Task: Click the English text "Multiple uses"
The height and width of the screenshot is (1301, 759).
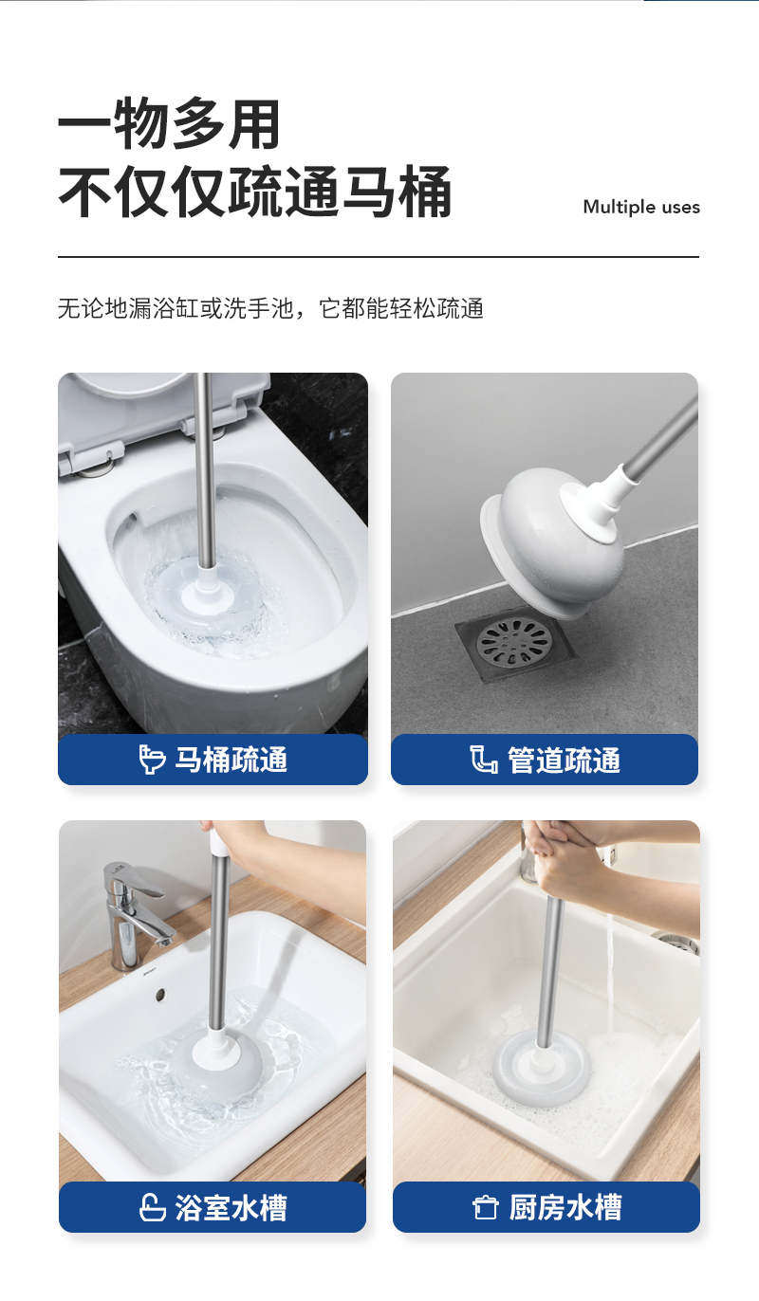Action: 641,208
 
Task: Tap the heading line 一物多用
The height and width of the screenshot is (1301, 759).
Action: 169,124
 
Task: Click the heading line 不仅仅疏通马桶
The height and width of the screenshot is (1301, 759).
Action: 254,192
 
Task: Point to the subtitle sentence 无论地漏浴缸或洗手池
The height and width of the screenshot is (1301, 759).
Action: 176,308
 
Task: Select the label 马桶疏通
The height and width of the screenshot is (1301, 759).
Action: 231,760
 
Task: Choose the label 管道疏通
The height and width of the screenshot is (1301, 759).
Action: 564,760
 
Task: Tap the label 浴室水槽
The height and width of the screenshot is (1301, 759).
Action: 231,1207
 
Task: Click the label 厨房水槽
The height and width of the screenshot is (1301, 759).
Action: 565,1207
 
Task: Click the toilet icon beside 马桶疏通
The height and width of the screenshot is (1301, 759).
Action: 152,760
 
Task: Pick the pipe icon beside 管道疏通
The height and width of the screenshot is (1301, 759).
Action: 484,760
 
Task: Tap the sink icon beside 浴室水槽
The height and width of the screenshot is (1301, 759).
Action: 152,1207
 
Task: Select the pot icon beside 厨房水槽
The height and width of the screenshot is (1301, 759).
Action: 485,1208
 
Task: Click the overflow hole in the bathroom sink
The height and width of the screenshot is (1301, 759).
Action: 160,995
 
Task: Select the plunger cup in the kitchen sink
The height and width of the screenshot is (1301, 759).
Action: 542,1067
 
